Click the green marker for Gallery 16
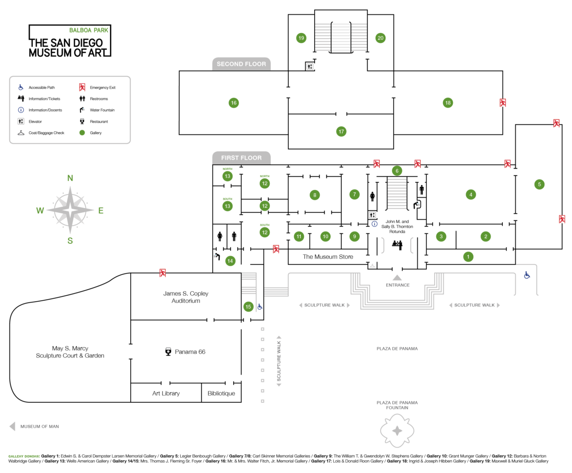(x=234, y=103)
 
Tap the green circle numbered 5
(x=539, y=184)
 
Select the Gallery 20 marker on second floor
(x=380, y=38)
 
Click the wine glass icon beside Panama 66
(x=168, y=352)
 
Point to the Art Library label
(x=166, y=394)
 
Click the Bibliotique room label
(x=221, y=394)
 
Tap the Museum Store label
(x=328, y=257)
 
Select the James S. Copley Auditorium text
(x=185, y=297)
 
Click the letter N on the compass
(x=70, y=179)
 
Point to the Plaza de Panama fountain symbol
(x=397, y=431)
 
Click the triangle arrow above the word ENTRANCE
(x=397, y=277)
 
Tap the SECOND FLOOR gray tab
(x=241, y=64)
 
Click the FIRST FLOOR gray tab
(x=241, y=158)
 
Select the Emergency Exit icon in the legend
(x=82, y=87)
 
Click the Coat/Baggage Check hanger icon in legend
(x=21, y=133)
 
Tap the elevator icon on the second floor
(x=310, y=67)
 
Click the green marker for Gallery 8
(x=314, y=195)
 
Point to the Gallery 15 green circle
(x=248, y=307)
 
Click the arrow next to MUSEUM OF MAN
(x=12, y=426)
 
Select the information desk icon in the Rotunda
(x=397, y=244)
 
